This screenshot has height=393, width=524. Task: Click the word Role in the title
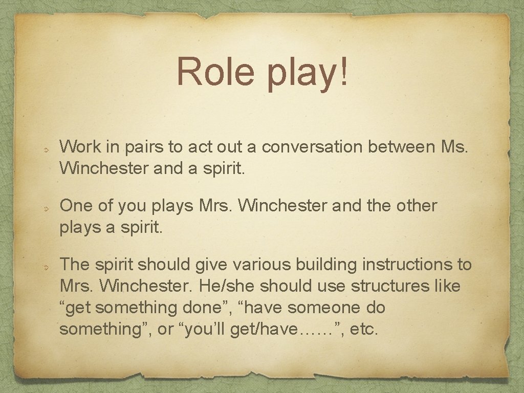[x=215, y=72]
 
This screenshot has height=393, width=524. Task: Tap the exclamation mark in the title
[x=343, y=72]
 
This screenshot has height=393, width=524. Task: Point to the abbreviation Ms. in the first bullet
[x=455, y=147]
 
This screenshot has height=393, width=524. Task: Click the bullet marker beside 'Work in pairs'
[x=45, y=150]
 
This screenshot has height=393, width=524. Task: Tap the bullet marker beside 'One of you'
[x=45, y=209]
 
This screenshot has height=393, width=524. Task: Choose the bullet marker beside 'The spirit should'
[x=45, y=267]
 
